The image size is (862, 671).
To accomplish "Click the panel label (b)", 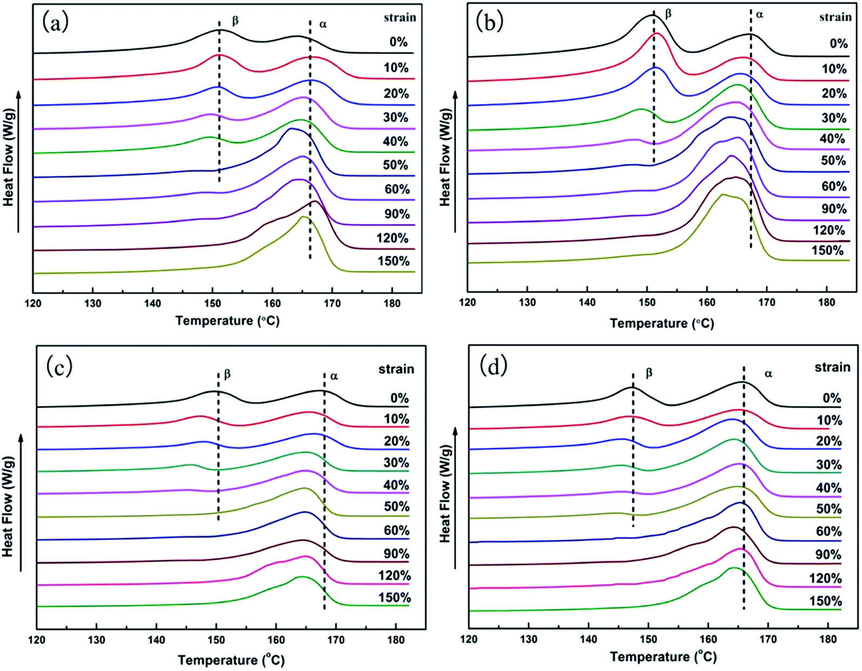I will [489, 22].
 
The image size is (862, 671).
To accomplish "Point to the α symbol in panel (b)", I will [759, 15].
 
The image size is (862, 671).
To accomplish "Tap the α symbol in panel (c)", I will [334, 376].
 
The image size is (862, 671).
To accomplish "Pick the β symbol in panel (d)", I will [649, 373].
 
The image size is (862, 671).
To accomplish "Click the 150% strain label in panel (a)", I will [393, 261].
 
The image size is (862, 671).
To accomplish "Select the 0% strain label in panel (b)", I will [839, 43].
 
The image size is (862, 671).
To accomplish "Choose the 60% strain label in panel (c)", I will [397, 530].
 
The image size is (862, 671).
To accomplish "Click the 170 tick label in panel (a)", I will [332, 303].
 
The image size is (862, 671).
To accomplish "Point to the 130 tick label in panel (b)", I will [527, 303].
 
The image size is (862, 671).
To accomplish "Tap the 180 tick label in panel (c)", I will [396, 640].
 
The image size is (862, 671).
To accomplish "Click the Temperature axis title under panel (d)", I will [663, 657].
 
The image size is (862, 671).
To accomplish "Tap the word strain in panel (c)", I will [396, 369].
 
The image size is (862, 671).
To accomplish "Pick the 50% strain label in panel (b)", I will [833, 161].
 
